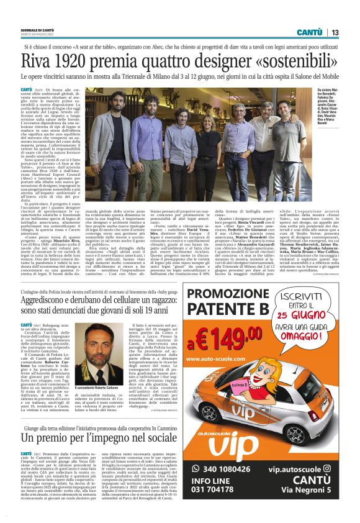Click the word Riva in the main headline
pos(39,61)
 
